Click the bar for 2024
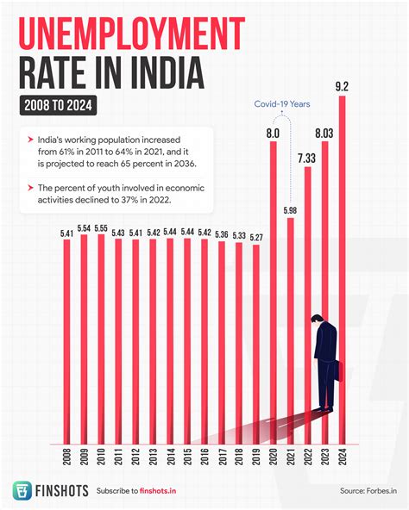coord(343,267)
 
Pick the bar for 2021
coord(291,327)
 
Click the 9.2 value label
coord(343,86)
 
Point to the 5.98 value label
coord(291,209)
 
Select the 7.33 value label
coord(308,158)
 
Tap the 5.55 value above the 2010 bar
coord(101,228)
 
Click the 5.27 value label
coord(256,237)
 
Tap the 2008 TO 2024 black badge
coord(56,107)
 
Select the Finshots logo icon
coord(23,490)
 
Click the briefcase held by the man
coord(338,372)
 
